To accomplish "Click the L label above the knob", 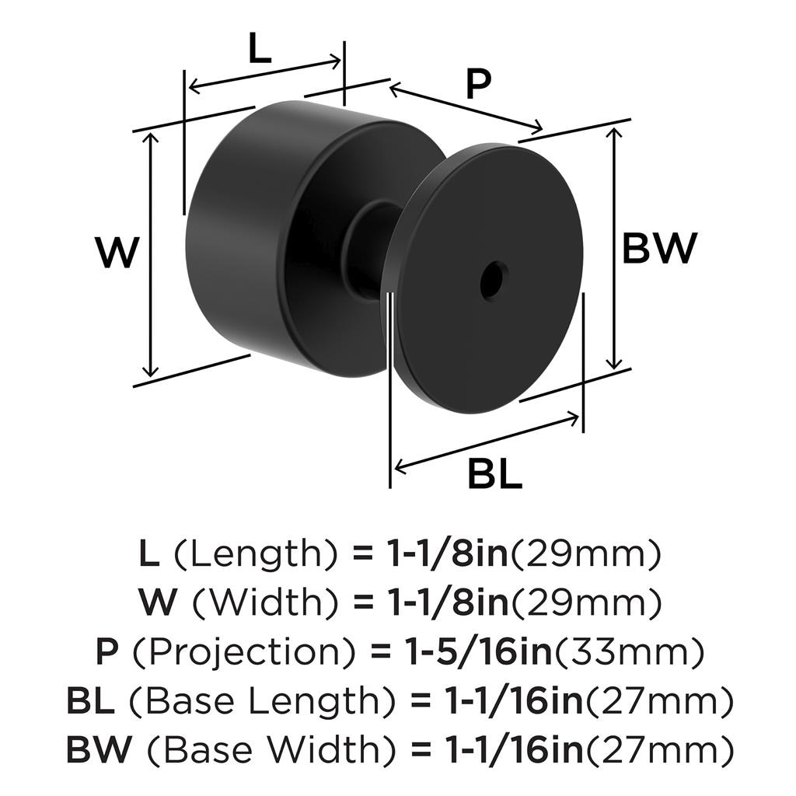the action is point(260,48).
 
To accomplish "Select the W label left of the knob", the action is point(117,253).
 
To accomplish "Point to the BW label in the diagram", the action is point(659,248).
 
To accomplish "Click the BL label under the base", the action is point(494,473).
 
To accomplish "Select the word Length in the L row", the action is point(257,553).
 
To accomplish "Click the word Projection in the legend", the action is point(244,652).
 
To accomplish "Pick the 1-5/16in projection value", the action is point(478,652).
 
